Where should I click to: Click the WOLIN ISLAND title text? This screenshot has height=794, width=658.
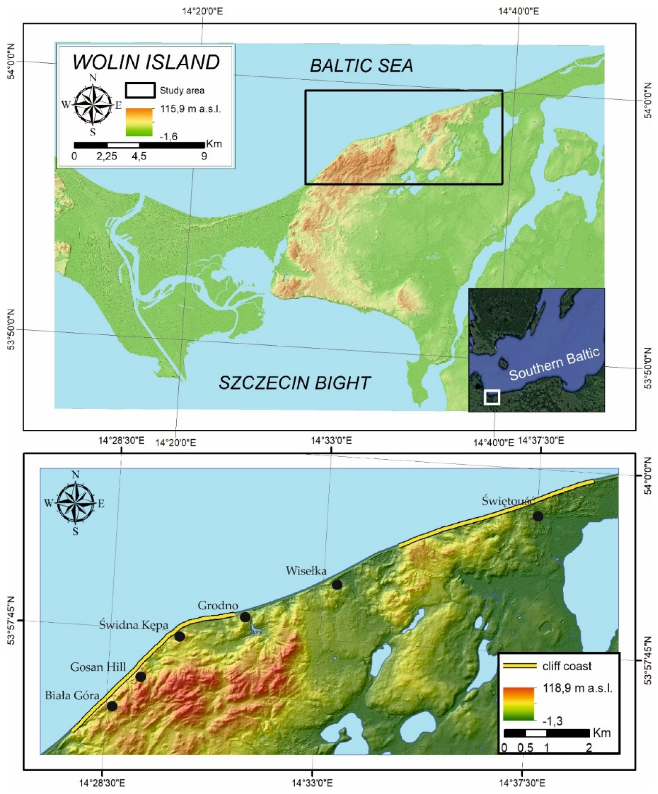pos(146,62)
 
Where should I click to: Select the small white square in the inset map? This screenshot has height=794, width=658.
pos(492,397)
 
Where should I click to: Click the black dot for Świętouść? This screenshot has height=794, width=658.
pos(538,516)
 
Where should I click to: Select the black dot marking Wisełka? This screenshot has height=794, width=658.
pos(337,585)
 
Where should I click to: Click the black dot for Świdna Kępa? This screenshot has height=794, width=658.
pos(179,637)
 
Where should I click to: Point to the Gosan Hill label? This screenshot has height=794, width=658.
pos(98,667)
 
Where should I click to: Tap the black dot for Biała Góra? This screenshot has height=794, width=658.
pos(112,706)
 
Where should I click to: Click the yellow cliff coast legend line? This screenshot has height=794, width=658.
pos(520,666)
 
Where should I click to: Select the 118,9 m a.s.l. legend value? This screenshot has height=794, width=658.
pos(577,688)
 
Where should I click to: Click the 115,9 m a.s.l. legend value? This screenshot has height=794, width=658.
pos(190,109)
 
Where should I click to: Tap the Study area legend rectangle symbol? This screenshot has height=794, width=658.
pos(140,90)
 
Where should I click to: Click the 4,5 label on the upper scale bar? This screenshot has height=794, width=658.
pos(139,156)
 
